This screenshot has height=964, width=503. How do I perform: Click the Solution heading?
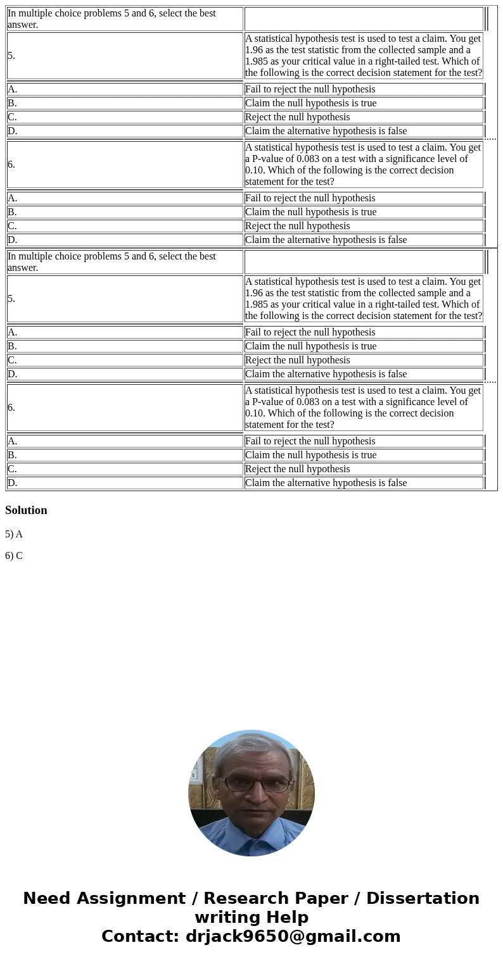[x=26, y=510]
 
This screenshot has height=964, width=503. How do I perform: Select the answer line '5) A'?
[x=14, y=534]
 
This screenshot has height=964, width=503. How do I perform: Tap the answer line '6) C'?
[x=14, y=556]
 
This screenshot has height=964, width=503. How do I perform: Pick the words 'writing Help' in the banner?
[x=251, y=918]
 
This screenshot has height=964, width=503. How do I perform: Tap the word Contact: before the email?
[x=141, y=937]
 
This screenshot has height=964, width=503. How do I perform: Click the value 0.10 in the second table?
[x=256, y=413]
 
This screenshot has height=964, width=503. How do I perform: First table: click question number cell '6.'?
[x=12, y=165]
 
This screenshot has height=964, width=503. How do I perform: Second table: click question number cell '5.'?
[x=12, y=299]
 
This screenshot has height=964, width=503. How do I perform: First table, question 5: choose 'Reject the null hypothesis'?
[x=297, y=117]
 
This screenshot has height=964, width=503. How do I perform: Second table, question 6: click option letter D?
[x=12, y=483]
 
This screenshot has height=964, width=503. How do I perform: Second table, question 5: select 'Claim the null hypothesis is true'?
[x=310, y=346]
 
